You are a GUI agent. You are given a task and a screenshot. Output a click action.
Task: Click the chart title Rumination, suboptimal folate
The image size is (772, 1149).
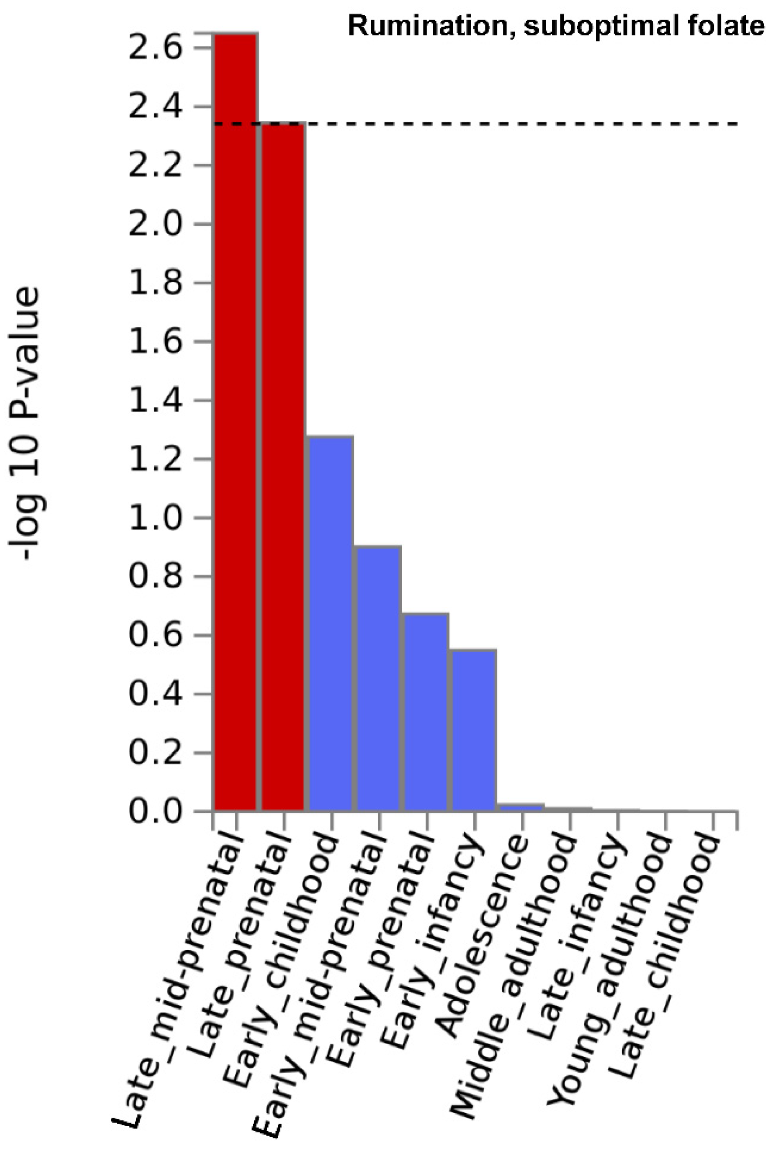tap(556, 26)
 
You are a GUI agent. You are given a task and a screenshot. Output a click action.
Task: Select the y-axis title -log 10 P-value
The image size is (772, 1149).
tap(24, 423)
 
